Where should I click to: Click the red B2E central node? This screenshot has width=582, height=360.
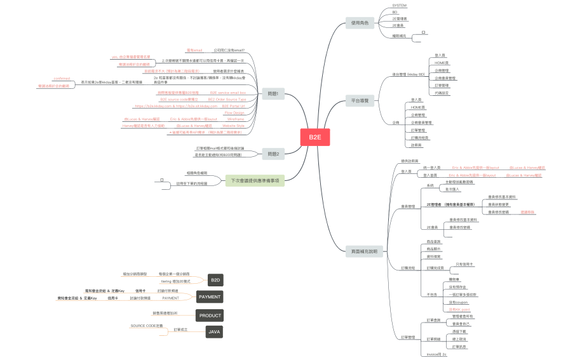(315, 137)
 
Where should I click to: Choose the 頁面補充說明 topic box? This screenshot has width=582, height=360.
(364, 252)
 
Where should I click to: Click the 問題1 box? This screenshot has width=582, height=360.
(273, 94)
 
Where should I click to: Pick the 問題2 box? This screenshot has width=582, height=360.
(273, 154)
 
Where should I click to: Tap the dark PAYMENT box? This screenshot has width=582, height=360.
(210, 297)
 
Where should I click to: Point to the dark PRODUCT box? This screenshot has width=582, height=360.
(210, 316)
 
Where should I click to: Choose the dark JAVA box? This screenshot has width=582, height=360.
(215, 332)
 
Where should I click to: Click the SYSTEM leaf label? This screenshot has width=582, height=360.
(400, 5)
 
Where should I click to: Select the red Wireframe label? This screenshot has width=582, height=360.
(235, 119)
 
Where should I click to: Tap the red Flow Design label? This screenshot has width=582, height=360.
(234, 112)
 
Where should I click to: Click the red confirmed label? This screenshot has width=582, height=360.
(62, 79)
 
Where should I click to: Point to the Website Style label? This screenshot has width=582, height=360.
(234, 126)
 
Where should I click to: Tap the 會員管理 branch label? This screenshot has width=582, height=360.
(408, 206)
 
